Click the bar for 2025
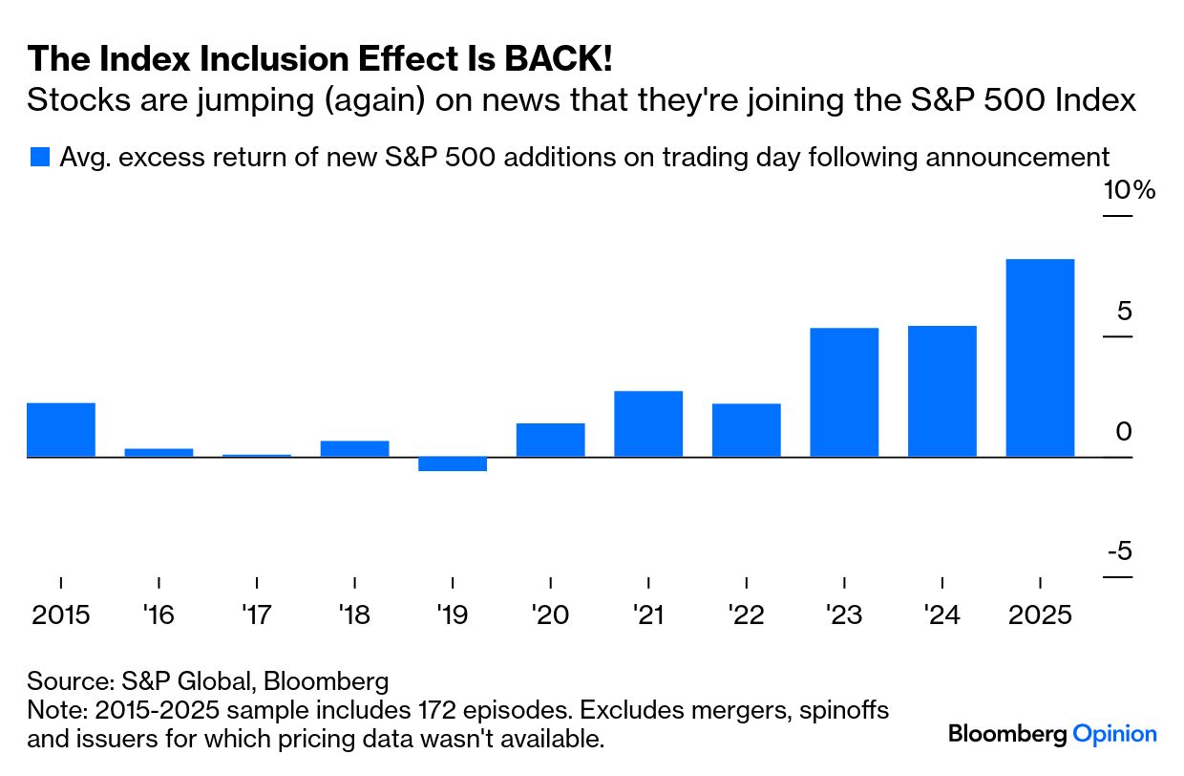pos(1040,357)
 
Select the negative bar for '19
pos(453,464)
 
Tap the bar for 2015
pos(61,430)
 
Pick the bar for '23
pos(844,392)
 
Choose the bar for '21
pos(648,423)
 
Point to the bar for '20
pos(550,440)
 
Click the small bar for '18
pos(354,448)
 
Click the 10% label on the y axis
pos(1129,190)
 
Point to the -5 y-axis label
pos(1119,551)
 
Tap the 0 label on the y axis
pos(1123,432)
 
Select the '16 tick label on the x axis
pos(159,614)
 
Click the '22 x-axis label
pos(746,614)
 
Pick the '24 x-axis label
pos(941,614)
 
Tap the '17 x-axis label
pos(257,614)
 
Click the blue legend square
pos(39,157)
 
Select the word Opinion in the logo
pos(1114,734)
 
